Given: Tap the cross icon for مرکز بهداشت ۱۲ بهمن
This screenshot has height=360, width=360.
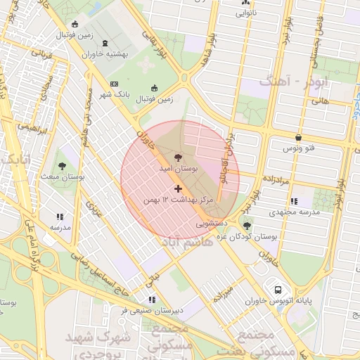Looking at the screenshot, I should click(177, 188).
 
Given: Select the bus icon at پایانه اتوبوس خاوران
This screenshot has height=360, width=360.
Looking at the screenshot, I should click(278, 289).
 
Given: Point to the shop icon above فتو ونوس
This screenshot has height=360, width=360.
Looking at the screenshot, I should click(300, 137).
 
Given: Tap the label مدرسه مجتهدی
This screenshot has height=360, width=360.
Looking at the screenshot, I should click(295, 212).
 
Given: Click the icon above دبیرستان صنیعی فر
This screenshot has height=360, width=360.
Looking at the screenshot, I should click(152, 299).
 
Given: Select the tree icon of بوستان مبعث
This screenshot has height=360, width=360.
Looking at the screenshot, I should click(63, 165).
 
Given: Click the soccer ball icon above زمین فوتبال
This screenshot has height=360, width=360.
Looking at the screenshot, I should click(155, 89).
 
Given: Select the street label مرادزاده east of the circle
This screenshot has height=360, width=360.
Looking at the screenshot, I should click(274, 180).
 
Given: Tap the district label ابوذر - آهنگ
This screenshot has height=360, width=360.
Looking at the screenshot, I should click(293, 82).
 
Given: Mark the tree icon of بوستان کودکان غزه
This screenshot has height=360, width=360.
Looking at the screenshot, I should click(246, 225).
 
